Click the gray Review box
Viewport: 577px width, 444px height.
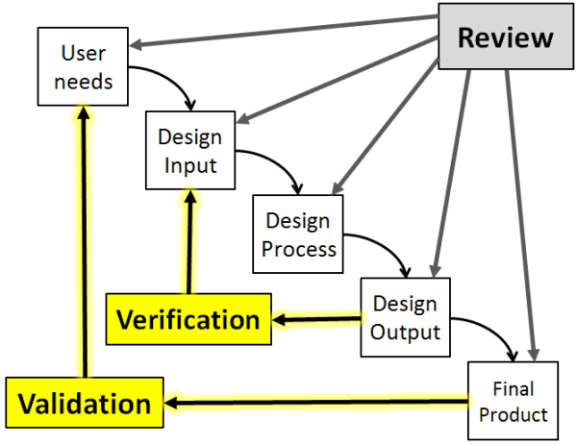505,39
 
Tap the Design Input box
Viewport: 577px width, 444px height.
189,151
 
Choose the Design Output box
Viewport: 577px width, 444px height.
405,317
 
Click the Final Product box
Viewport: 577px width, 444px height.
513,403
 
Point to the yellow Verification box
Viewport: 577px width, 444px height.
188,319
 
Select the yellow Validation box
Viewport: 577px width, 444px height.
86,404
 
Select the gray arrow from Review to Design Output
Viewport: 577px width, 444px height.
453,173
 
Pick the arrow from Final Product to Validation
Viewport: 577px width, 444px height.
317,403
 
